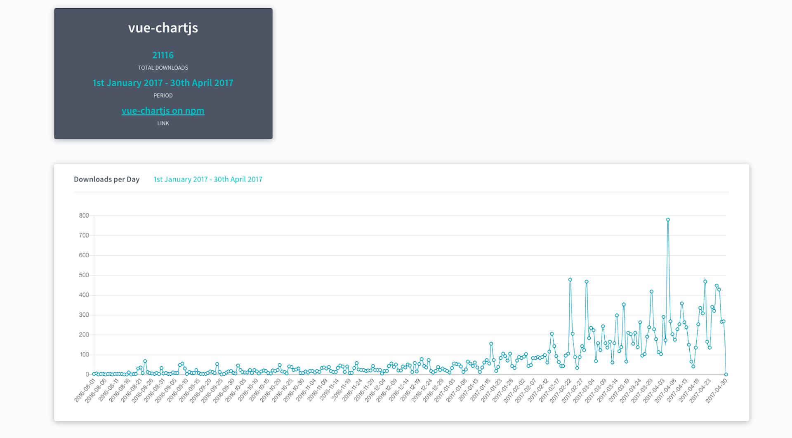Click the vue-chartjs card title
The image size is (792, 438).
click(163, 28)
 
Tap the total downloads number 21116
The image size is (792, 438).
click(163, 55)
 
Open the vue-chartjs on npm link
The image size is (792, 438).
click(163, 111)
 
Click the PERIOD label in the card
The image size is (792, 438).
click(163, 95)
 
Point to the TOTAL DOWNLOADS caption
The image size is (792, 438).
click(163, 68)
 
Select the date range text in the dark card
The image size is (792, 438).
click(163, 83)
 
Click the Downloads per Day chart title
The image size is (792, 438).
click(106, 179)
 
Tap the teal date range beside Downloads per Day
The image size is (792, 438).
click(208, 179)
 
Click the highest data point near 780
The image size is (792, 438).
click(668, 220)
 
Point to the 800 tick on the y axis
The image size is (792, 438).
click(84, 216)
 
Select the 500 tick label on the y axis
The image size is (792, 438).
click(84, 275)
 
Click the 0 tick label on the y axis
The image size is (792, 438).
click(87, 374)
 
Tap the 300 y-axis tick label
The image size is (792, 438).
click(84, 315)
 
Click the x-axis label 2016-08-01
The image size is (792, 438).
click(85, 391)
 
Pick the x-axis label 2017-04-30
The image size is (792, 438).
click(716, 391)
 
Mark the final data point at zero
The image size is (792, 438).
click(726, 374)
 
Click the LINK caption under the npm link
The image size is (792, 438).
click(163, 123)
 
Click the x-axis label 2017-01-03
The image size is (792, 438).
click(444, 391)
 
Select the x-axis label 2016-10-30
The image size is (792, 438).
click(294, 391)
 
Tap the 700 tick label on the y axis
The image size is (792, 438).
click(84, 235)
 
